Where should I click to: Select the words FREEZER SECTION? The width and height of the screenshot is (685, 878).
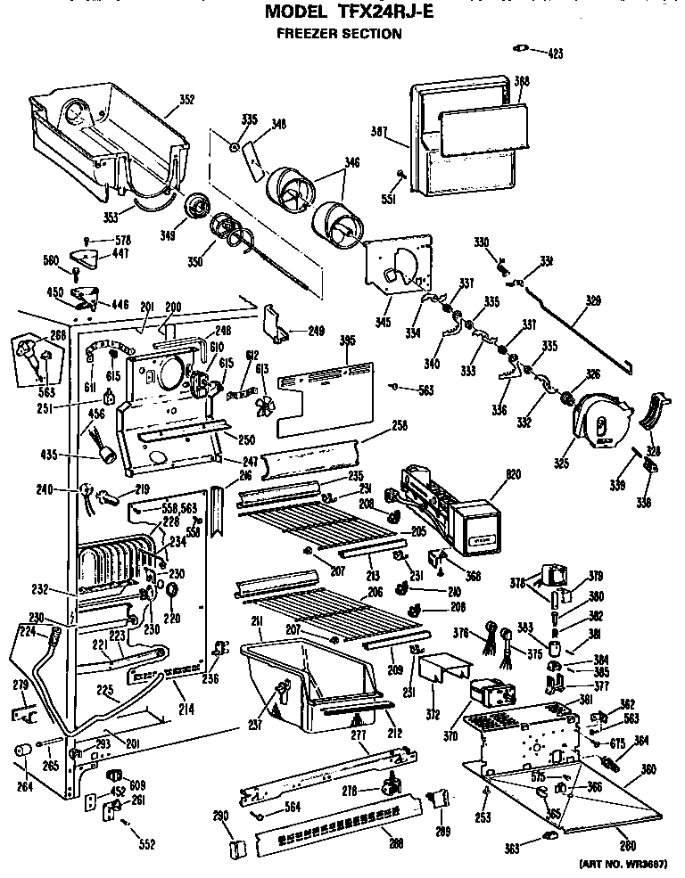click(x=337, y=34)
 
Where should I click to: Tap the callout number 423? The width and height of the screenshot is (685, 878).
click(x=555, y=54)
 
